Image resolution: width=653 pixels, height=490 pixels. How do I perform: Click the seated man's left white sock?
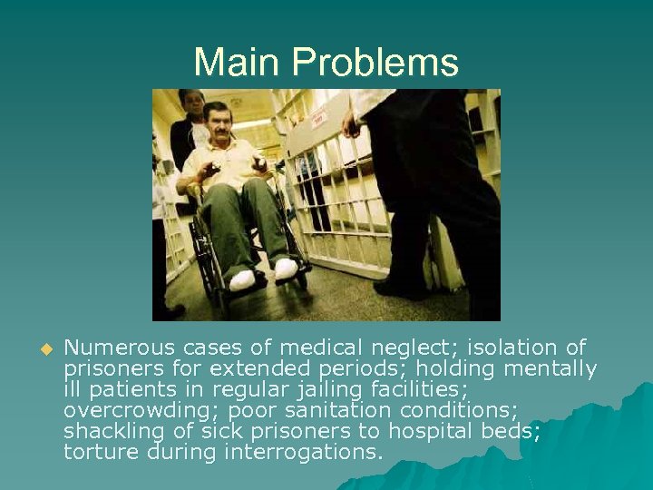point(285,269)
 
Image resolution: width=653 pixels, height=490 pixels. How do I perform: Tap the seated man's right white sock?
point(242,279)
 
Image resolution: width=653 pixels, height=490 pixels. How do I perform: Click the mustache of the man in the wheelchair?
point(220,132)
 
